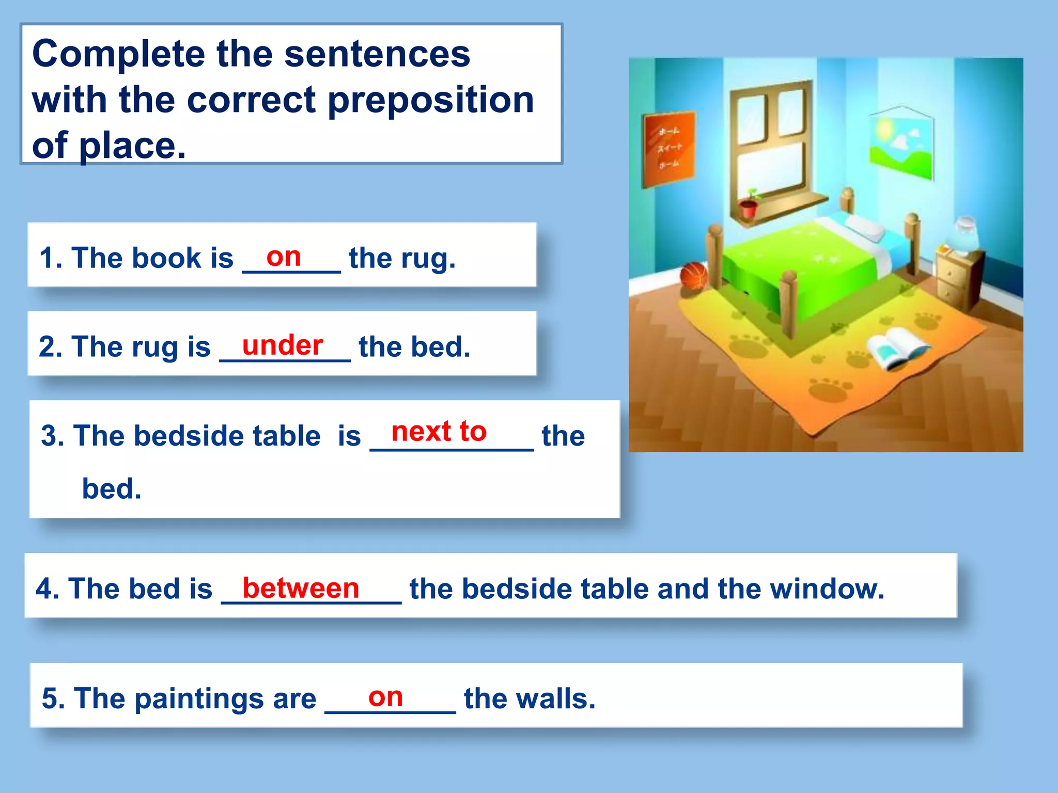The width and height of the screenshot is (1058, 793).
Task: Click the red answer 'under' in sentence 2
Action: pyautogui.click(x=283, y=345)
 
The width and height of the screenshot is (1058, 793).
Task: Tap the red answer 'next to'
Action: pyautogui.click(x=439, y=431)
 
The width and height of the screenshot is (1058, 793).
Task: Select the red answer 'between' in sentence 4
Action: pyautogui.click(x=301, y=588)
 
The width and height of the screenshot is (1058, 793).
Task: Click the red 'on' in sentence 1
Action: pyautogui.click(x=284, y=257)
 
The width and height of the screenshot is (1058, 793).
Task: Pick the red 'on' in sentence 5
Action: pyautogui.click(x=385, y=697)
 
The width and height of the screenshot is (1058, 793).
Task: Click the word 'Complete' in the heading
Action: pyautogui.click(x=119, y=54)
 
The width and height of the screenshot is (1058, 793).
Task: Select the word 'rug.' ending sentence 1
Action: pyautogui.click(x=428, y=258)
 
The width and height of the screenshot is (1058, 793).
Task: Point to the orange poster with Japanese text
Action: pyautogui.click(x=668, y=148)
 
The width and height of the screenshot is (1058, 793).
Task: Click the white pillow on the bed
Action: pyautogui.click(x=865, y=227)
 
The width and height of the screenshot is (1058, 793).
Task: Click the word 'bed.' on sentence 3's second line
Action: pyautogui.click(x=112, y=488)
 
